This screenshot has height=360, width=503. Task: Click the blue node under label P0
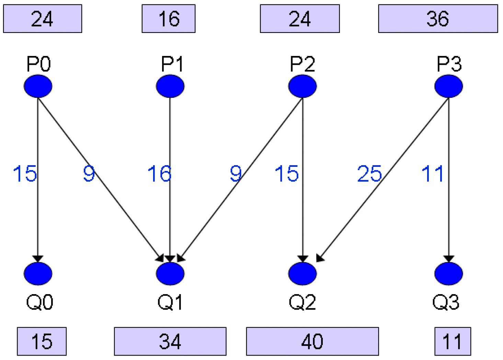coord(38,86)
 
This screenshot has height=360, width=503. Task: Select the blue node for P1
coord(170,86)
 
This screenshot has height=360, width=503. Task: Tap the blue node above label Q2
coord(302,274)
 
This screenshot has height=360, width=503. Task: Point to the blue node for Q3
coord(448,274)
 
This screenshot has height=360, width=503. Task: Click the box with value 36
coord(438,19)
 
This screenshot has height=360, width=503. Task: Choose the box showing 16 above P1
coord(169,19)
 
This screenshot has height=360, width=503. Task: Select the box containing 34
coord(170,341)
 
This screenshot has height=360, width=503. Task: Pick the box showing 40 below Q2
coord(312,341)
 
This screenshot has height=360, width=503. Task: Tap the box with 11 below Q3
coord(452,341)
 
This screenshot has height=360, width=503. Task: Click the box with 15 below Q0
coord(42,341)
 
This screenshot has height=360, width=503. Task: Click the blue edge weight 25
coord(369,174)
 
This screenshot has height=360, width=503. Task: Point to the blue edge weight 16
coord(159,174)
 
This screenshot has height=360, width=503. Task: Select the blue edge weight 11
coord(433,174)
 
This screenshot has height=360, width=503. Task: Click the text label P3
coord(449,64)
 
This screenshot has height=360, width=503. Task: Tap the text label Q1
coord(170,302)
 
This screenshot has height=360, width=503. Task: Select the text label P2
coord(302,64)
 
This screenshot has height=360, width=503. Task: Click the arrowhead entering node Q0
coord(38,259)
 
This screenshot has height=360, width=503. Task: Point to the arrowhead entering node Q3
coord(448,259)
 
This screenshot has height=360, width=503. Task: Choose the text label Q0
coord(39,302)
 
